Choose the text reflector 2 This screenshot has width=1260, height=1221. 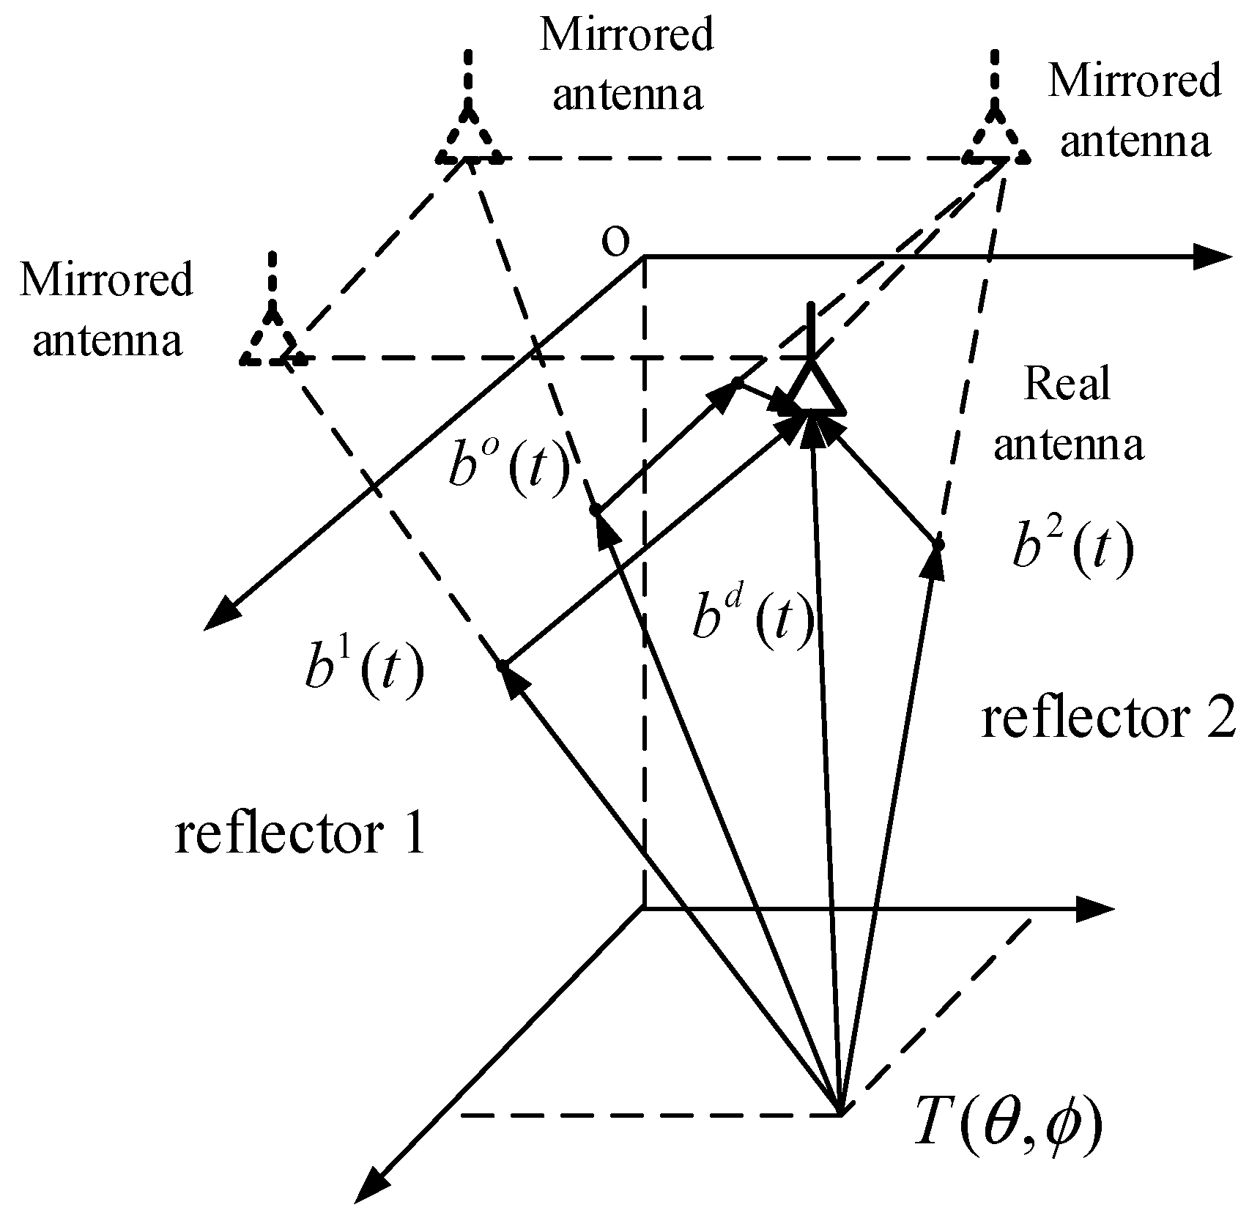click(x=1108, y=719)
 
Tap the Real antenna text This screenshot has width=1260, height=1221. click(x=1067, y=415)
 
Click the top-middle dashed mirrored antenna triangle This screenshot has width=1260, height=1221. click(x=469, y=139)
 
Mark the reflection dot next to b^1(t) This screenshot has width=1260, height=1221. click(x=503, y=665)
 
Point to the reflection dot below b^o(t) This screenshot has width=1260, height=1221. click(x=596, y=508)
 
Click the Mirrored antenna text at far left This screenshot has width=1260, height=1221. click(x=107, y=310)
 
